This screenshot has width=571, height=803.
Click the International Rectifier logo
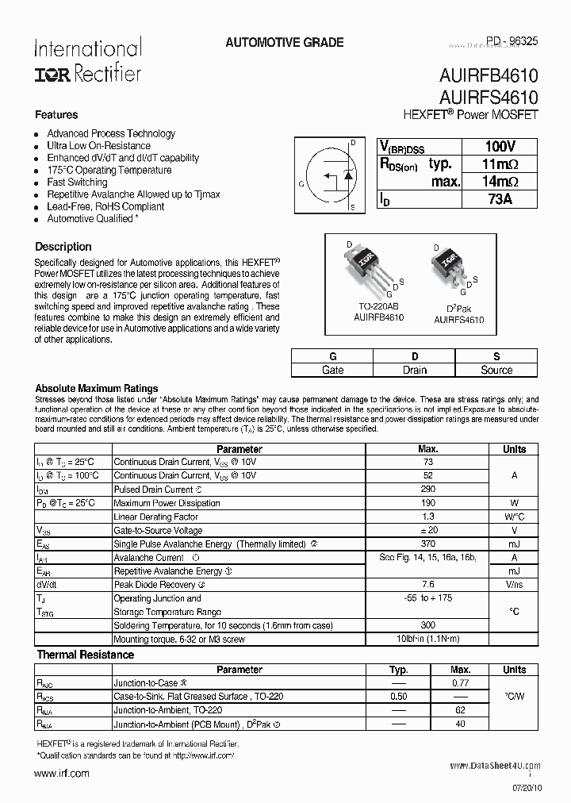point(87,60)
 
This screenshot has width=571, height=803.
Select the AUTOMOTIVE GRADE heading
point(285,42)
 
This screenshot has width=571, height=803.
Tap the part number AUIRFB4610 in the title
point(488,77)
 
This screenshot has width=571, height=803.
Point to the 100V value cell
point(500,147)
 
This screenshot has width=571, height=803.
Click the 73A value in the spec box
point(500,199)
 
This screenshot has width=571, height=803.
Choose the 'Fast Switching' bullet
point(77,182)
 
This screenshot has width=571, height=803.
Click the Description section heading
point(63,247)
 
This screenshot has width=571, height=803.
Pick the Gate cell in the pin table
point(333,370)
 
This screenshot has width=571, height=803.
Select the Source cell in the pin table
point(497,370)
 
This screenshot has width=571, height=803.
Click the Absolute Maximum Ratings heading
point(96,389)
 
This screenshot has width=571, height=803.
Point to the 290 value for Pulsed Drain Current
point(427,490)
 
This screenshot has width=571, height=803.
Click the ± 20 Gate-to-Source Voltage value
point(427,530)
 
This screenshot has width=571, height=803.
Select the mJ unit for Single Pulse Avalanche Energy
point(514,544)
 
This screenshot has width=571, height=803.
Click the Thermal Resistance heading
point(85,655)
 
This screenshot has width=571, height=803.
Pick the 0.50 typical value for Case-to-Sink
point(400,696)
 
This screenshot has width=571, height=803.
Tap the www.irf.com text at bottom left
point(63,773)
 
